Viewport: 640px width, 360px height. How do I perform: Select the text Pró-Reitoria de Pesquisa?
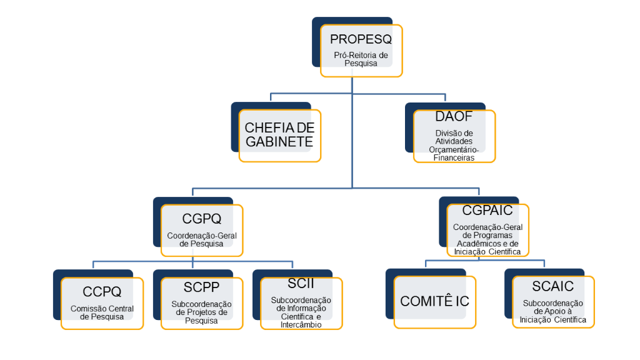(x=361, y=59)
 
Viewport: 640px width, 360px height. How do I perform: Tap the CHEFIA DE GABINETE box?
(x=279, y=135)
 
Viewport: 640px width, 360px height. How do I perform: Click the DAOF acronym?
(x=454, y=117)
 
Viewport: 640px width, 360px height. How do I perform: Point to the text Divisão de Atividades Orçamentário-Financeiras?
(x=454, y=146)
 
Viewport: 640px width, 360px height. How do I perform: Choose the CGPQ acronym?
(x=201, y=218)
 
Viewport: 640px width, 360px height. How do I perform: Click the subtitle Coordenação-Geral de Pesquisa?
(x=201, y=239)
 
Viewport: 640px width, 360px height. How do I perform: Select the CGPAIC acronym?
(x=487, y=211)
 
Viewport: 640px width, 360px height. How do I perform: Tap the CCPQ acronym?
(x=102, y=292)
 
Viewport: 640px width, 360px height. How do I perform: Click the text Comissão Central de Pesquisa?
(x=102, y=312)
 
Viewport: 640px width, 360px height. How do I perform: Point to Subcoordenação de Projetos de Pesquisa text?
(x=201, y=312)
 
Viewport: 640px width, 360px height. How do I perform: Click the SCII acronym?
(x=301, y=284)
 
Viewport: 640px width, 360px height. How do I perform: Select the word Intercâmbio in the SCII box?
(x=301, y=325)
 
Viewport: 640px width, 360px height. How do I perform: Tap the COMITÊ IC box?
(x=434, y=301)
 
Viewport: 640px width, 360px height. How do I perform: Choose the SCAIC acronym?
(x=553, y=286)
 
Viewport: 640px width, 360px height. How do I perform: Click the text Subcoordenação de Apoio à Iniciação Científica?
(x=553, y=311)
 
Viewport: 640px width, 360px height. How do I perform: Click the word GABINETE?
(x=279, y=142)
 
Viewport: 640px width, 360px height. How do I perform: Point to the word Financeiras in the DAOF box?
(x=454, y=158)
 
